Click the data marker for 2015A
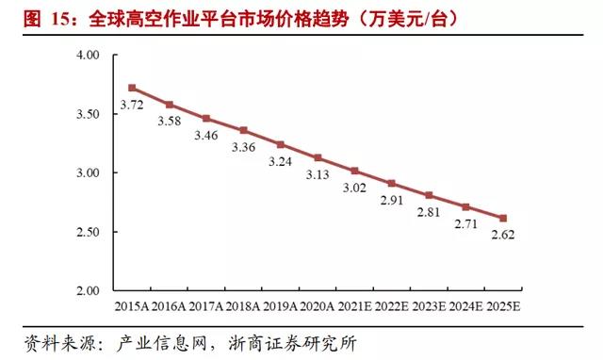[132, 88]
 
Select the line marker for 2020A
[318, 157]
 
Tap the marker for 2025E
[502, 218]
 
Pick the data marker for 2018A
[243, 130]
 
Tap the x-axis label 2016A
[169, 307]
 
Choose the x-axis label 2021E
[354, 307]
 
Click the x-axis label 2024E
[465, 307]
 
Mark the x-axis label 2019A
[280, 307]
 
